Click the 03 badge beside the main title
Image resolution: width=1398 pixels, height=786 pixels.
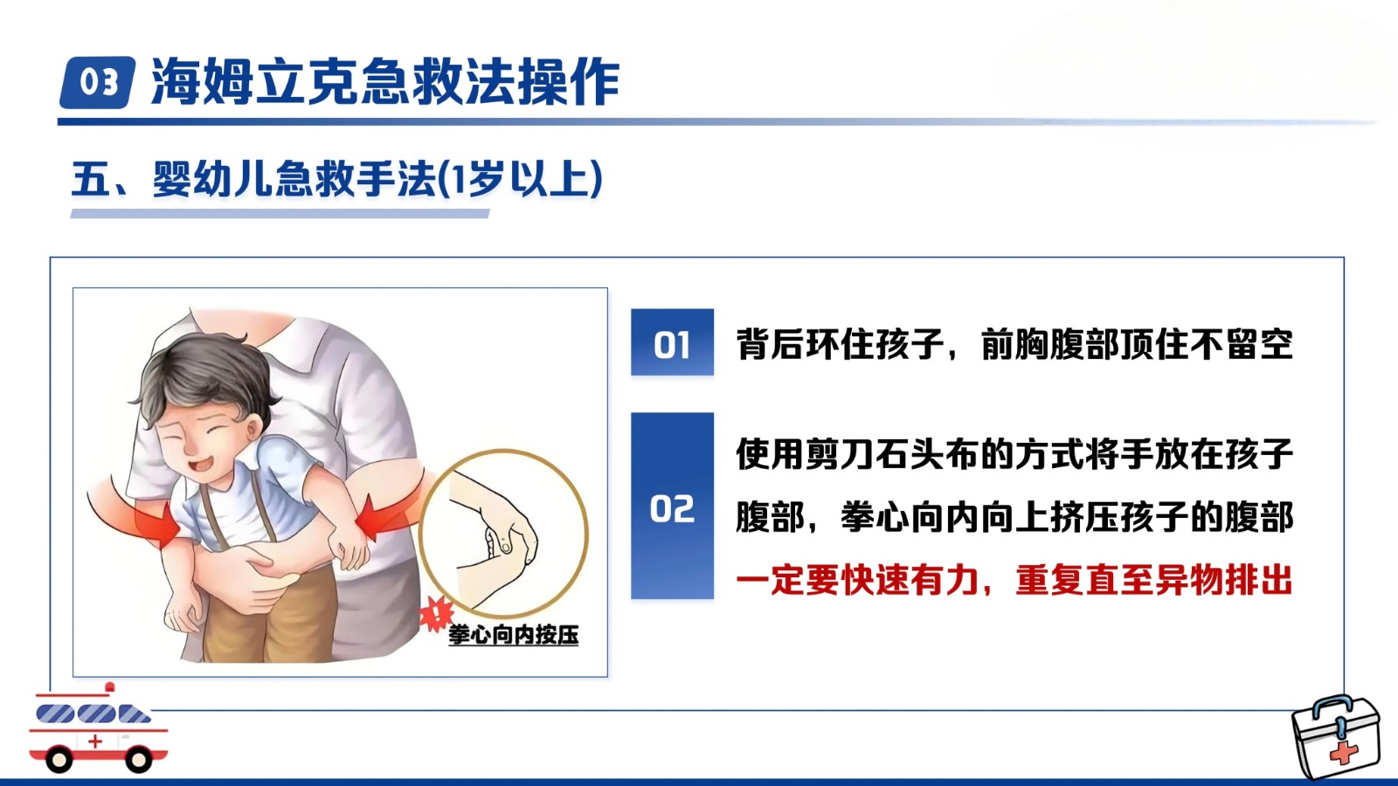coord(97,82)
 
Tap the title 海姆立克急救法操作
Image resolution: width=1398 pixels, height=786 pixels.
coord(385,82)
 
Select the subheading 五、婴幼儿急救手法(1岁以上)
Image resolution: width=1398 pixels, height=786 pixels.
coord(337,179)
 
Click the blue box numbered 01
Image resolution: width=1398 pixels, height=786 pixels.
coord(672,341)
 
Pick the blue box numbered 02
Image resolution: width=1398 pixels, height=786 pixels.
coord(672,506)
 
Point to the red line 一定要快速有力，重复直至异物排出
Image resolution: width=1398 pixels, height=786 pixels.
coord(1014,581)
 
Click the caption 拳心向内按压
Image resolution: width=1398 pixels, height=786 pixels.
coord(513,635)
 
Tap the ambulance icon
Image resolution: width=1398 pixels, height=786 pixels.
coord(98,728)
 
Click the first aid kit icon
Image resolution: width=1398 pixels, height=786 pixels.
coord(1336,737)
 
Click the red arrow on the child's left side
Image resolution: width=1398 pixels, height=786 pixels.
coord(135,514)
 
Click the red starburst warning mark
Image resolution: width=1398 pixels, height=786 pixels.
coord(436,612)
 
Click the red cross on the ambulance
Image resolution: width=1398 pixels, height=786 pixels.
coord(95,741)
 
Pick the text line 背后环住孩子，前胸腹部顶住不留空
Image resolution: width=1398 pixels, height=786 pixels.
coord(1014,344)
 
